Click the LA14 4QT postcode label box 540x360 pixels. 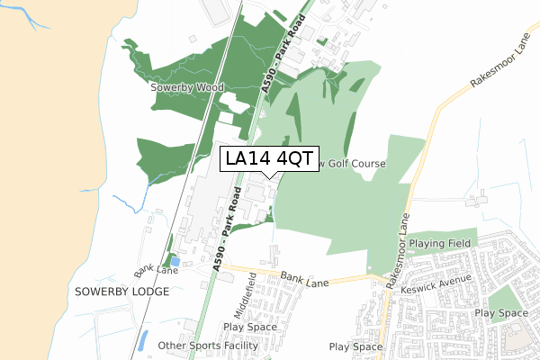tap(269, 158)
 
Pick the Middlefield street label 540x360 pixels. tap(239, 293)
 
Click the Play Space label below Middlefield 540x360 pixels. tap(250, 327)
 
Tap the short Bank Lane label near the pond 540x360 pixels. tap(157, 270)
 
